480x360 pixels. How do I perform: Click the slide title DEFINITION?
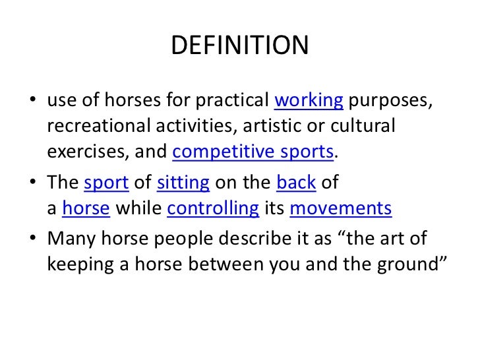coord(239,45)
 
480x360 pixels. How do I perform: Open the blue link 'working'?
coord(308,101)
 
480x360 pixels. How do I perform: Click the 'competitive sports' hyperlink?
coord(253,152)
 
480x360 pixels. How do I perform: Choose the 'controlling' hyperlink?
coord(213,209)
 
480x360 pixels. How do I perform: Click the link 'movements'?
coord(340,209)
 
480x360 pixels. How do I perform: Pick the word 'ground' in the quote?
coord(411,264)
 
